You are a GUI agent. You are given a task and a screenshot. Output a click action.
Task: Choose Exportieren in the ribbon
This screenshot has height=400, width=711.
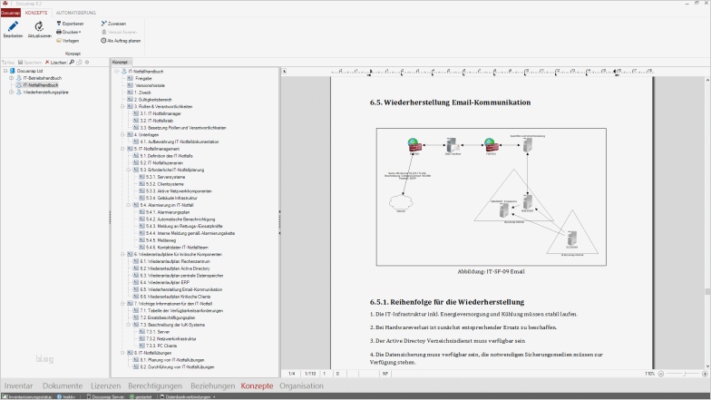(73, 23)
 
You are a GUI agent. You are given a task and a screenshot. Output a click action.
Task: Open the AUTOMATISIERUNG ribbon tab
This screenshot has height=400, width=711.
(74, 13)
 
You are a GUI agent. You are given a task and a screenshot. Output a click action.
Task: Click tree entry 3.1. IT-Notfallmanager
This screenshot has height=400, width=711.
(160, 113)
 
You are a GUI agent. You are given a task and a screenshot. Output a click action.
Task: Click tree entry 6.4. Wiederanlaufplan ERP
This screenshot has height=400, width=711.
(161, 282)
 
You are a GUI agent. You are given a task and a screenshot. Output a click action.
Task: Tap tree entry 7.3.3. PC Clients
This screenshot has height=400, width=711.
(161, 346)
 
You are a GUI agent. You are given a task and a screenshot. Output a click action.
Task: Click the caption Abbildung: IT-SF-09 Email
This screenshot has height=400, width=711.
(492, 270)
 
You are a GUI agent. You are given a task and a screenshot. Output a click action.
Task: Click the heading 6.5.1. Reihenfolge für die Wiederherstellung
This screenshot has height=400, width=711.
(447, 301)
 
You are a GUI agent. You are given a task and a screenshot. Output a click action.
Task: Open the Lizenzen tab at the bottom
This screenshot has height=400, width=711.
(105, 385)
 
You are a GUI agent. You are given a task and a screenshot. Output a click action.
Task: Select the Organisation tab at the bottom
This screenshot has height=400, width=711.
(301, 385)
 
